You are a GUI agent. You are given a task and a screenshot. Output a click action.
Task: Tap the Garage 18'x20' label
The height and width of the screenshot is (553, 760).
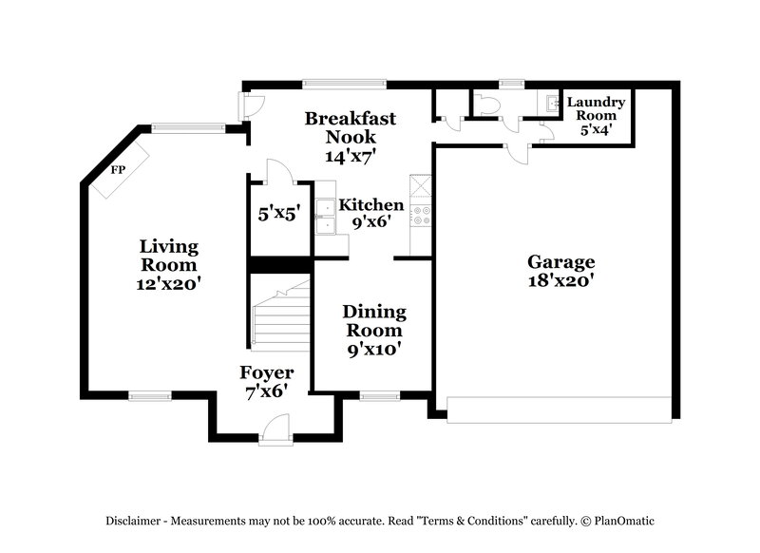[561, 271]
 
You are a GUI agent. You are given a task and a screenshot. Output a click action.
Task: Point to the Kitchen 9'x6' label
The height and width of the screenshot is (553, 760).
[371, 214]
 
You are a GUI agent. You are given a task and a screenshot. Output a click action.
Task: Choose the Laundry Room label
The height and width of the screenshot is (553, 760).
[596, 115]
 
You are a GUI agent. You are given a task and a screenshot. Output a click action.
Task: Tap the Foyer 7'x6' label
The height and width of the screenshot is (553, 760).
[266, 381]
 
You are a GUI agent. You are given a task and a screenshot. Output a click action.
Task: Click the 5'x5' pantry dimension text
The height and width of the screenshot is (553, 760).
[279, 214]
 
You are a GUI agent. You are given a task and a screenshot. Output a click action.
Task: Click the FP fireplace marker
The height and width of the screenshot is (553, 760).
[119, 170]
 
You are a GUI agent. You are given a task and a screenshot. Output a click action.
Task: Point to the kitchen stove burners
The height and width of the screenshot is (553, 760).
[419, 216]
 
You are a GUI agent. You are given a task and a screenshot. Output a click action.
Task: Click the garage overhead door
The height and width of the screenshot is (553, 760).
[559, 410]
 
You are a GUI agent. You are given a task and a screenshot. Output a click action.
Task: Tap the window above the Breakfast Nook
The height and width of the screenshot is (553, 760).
[344, 84]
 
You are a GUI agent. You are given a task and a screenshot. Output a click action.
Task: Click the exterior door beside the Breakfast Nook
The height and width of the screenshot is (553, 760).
[249, 105]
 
